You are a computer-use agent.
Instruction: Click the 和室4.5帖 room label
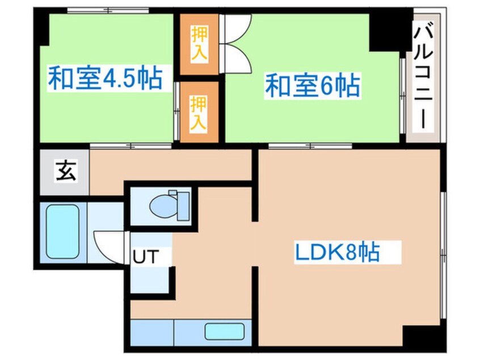point(104,79)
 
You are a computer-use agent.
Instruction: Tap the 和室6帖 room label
point(312,87)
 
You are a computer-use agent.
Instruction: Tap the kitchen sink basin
point(224,331)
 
